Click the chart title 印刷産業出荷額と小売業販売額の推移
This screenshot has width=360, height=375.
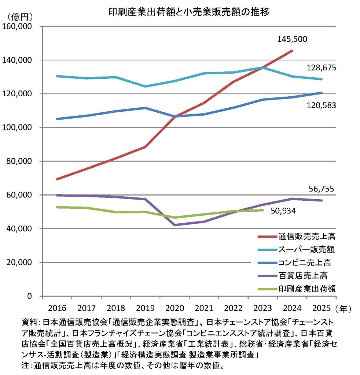(x=189, y=12)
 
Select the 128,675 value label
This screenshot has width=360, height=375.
(x=321, y=68)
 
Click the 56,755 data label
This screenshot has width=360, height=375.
(x=321, y=190)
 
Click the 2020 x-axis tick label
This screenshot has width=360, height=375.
(x=174, y=308)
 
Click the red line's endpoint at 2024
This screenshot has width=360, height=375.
(x=292, y=51)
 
